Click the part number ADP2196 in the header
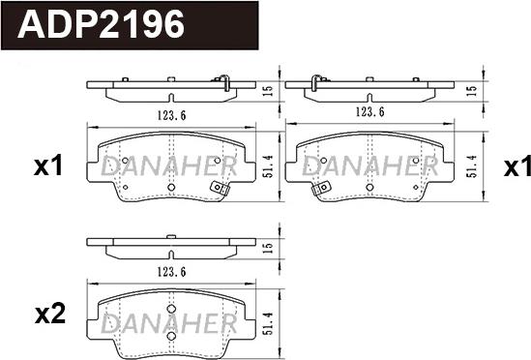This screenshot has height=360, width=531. point(102,24)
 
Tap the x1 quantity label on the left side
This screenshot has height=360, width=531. point(47,166)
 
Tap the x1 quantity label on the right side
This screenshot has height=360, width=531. point(516,166)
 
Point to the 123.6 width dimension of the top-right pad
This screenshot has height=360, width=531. point(369,112)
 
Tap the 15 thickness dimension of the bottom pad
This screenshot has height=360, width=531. point(267,247)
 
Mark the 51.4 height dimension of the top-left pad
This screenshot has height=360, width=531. point(267,165)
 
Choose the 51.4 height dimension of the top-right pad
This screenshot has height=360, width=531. point(471,165)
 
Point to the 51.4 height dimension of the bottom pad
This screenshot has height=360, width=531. point(267,317)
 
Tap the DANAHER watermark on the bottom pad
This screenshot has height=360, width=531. point(167,320)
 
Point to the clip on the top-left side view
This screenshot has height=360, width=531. point(224,81)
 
